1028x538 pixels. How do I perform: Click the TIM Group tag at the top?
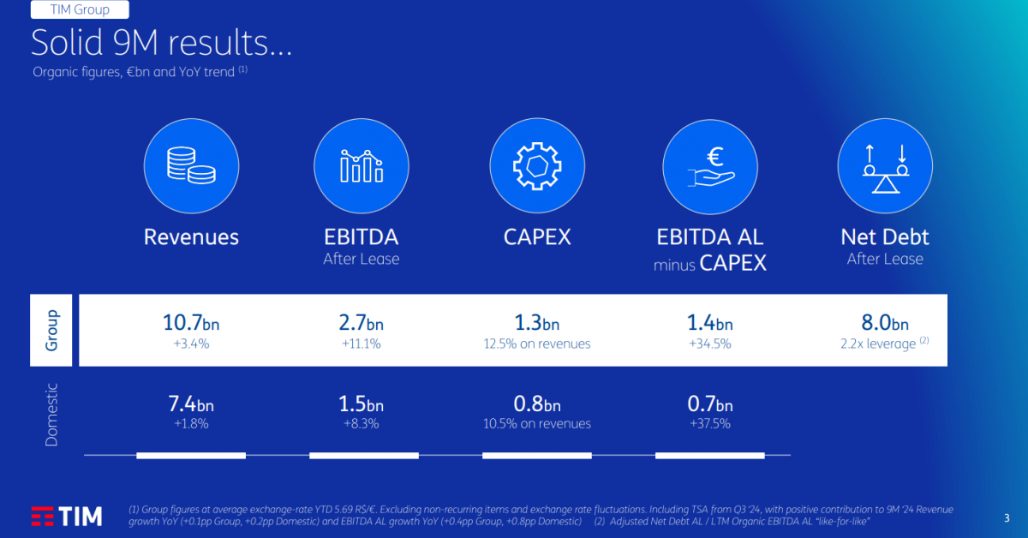click(80, 9)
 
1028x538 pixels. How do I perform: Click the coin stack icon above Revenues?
click(191, 165)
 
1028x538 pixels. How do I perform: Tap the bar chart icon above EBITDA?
click(362, 165)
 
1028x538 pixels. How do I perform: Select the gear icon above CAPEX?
click(537, 165)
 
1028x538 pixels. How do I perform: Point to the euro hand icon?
click(711, 167)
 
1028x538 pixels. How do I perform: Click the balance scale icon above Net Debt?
click(885, 168)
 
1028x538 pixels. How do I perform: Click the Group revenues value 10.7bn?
click(191, 323)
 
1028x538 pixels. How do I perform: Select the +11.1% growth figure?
click(362, 344)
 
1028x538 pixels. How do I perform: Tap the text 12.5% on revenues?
click(537, 344)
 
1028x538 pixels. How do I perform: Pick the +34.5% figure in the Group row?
click(710, 344)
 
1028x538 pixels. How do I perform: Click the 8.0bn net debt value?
click(885, 323)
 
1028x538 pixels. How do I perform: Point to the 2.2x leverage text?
click(878, 344)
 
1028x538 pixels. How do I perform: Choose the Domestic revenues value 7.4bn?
click(191, 404)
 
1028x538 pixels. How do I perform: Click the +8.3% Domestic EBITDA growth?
click(362, 424)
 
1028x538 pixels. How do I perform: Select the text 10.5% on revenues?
click(537, 424)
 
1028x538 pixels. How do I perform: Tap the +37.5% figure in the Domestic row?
click(710, 424)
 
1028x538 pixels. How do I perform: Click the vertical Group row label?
click(51, 330)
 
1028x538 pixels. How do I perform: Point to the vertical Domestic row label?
click(51, 415)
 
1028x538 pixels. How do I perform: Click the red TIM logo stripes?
click(42, 517)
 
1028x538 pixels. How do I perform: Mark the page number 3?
click(1007, 518)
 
